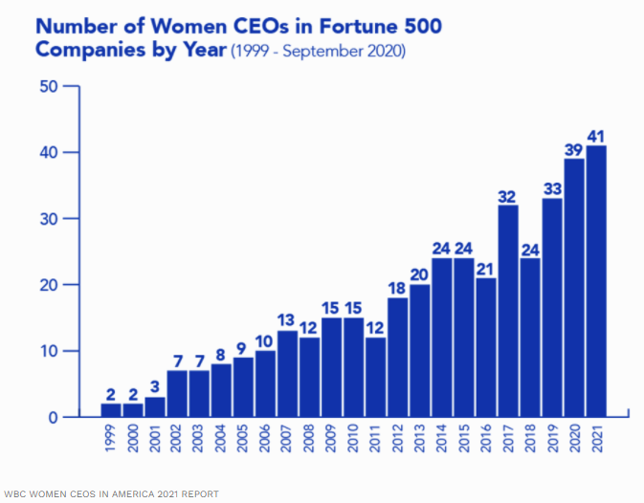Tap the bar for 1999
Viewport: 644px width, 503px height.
111,410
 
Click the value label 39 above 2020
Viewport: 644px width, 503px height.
574,149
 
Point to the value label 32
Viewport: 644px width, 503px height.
508,196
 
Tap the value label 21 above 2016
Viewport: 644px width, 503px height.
486,269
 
